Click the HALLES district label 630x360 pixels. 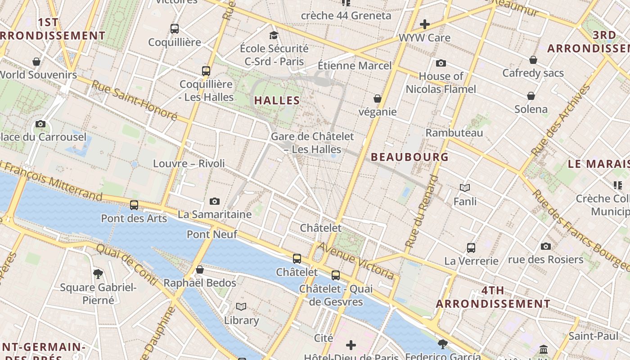coord(277,100)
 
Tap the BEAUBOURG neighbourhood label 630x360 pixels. coord(409,157)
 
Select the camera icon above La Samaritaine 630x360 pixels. coord(215,201)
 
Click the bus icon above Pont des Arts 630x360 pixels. coord(134,205)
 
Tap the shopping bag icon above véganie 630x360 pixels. coord(378,99)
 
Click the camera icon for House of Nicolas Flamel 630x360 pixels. coord(441,63)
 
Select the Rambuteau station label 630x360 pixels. coord(454,133)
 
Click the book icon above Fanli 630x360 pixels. coord(465,188)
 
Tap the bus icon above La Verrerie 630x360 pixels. coord(471,247)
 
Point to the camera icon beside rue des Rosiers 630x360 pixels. coord(546,246)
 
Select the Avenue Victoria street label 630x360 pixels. coord(356,261)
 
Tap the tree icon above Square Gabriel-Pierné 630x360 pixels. coord(98,274)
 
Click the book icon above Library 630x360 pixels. coord(241,306)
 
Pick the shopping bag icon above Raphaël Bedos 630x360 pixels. coord(200,270)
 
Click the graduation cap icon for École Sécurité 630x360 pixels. coord(274,35)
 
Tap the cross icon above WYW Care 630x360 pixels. coord(424,24)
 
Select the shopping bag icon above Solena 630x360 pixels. coord(531,95)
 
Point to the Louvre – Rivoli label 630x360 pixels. coord(189,163)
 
